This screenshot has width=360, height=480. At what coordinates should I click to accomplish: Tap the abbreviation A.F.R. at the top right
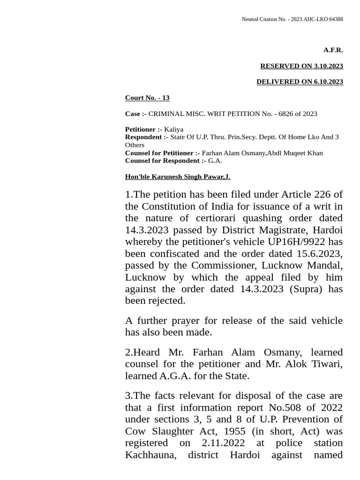pos(333,50)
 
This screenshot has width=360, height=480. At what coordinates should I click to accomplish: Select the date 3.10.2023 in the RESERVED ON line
pos(328,66)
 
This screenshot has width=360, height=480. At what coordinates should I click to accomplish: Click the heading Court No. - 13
pos(147,97)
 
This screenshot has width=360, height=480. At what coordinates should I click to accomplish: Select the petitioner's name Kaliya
pos(173,129)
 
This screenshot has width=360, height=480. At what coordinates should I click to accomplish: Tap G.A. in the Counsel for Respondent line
pos(215,161)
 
